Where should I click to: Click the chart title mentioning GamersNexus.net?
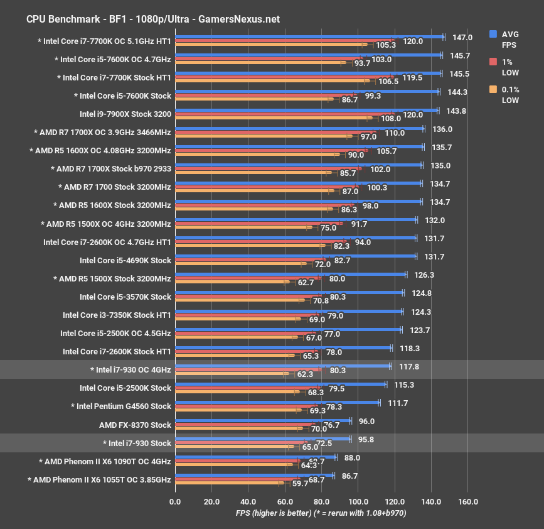[153, 19]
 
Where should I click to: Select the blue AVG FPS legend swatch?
[493, 34]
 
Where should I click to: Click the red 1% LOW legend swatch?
[493, 62]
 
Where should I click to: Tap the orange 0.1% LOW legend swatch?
[493, 89]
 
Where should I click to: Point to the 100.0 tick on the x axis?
[358, 501]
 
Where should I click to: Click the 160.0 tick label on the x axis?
[468, 501]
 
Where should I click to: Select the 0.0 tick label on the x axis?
[175, 501]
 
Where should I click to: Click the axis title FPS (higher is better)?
[273, 513]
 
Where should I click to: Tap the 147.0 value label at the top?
[462, 38]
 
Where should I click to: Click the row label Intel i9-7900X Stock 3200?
[125, 114]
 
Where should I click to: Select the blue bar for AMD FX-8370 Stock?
[263, 420]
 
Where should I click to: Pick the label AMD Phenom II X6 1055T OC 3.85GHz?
[99, 479]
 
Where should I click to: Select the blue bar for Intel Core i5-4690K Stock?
[296, 256]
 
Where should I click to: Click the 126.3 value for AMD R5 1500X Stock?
[422, 275]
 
